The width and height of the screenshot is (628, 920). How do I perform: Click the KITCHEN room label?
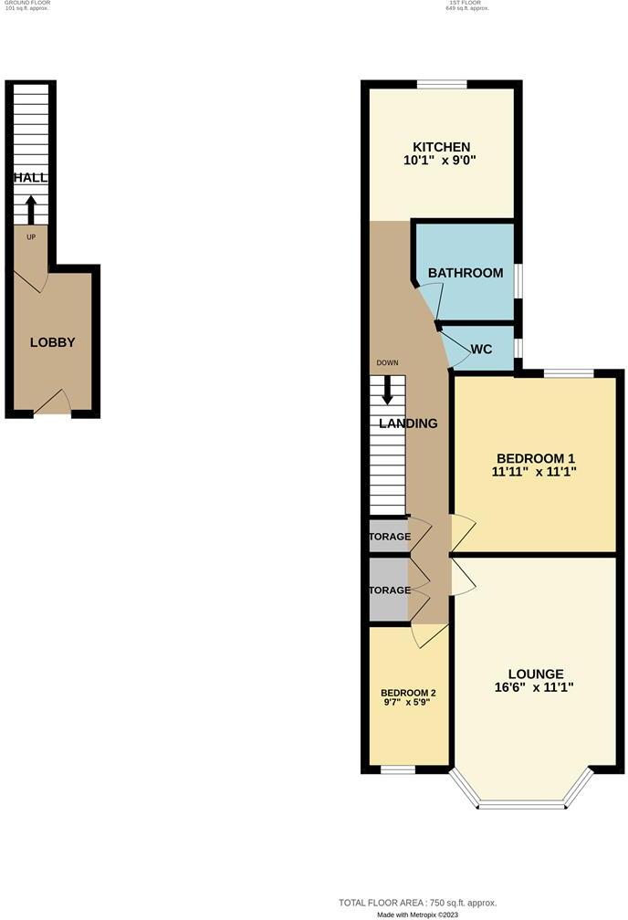(x=441, y=147)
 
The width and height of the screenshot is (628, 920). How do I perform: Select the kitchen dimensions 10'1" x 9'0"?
(x=441, y=161)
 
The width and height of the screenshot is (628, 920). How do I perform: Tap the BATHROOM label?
(x=466, y=273)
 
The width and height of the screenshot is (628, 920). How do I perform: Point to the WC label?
(x=481, y=350)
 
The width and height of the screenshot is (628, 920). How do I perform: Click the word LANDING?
(x=408, y=423)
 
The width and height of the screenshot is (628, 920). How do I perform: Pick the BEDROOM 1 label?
(x=535, y=457)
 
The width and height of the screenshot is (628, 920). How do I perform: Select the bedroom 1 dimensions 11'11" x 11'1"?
(x=535, y=472)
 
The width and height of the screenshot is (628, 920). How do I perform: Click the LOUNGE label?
(x=536, y=674)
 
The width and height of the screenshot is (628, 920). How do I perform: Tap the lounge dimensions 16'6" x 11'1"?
(x=536, y=688)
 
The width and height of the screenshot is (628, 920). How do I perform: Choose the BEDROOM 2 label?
(x=408, y=693)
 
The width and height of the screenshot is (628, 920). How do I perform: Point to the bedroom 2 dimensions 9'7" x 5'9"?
(x=408, y=704)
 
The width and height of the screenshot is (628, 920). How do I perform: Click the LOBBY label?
(x=52, y=342)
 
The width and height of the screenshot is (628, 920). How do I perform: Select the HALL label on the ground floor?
(x=30, y=178)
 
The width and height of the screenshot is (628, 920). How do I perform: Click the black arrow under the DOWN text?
(x=388, y=390)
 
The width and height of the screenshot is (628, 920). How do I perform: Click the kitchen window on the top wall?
(x=442, y=85)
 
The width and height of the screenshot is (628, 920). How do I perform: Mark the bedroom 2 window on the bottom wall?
(x=397, y=769)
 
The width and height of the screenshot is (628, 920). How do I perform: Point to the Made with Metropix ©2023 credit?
(x=416, y=914)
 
